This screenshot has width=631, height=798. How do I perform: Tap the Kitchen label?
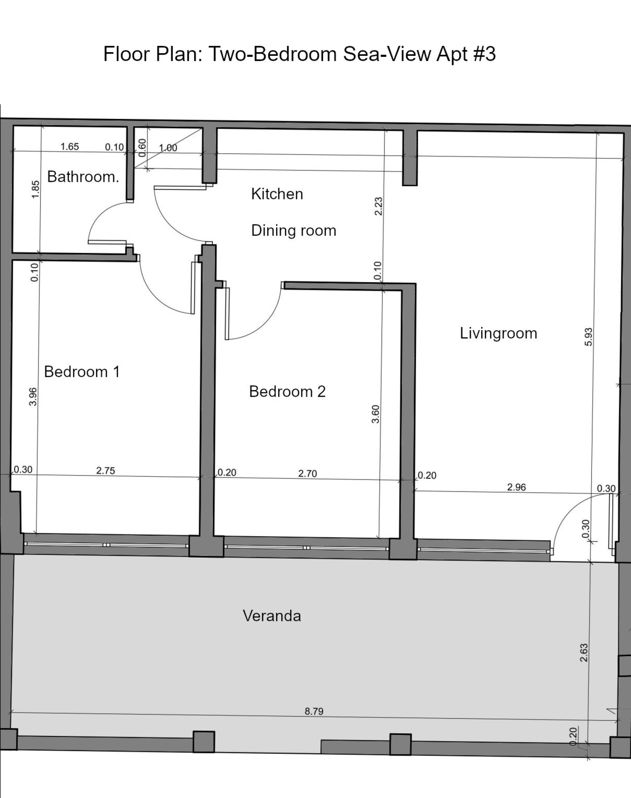click(277, 194)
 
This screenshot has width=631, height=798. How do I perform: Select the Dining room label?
click(294, 231)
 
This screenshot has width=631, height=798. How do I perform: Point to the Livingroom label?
click(498, 333)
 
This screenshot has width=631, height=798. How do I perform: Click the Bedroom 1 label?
click(82, 372)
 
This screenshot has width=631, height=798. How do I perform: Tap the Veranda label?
click(272, 616)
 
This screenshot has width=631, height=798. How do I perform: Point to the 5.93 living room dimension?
click(589, 337)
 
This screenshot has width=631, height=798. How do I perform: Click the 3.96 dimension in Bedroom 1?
click(33, 396)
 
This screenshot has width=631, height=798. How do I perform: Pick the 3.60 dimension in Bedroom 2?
click(375, 414)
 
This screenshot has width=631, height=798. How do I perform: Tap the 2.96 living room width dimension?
click(516, 487)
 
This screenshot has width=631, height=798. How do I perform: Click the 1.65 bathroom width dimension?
click(69, 146)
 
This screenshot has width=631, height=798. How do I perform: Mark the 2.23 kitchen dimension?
click(378, 207)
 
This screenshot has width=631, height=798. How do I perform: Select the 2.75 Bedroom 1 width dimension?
click(105, 471)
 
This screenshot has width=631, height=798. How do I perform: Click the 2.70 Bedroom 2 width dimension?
click(308, 474)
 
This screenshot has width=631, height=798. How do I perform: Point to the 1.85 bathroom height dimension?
click(35, 189)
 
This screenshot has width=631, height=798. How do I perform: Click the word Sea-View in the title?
click(387, 54)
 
